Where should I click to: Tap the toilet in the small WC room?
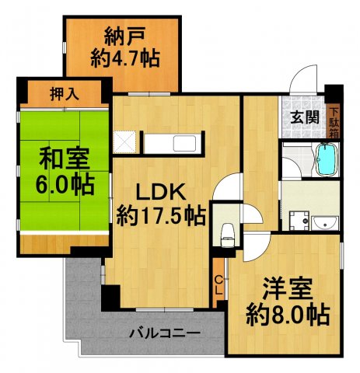pyautogui.click(x=227, y=230)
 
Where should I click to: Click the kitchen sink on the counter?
pyautogui.click(x=185, y=145)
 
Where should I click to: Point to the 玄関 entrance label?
pyautogui.click(x=304, y=118)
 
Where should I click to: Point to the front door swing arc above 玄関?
pyautogui.click(x=306, y=80)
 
